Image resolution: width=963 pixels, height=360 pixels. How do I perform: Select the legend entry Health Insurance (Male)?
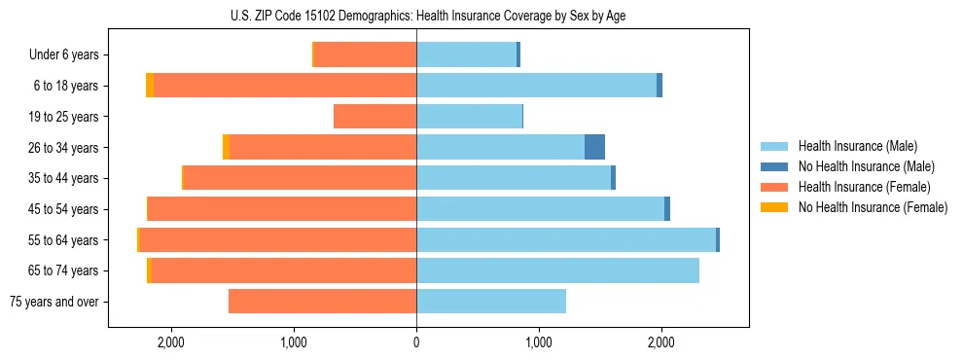click(857, 146)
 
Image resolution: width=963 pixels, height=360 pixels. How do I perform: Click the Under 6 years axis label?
click(64, 54)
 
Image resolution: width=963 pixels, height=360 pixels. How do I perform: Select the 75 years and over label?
click(53, 302)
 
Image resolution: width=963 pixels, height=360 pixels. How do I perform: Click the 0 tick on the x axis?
click(416, 342)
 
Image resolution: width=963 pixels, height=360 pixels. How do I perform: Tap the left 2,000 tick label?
click(171, 342)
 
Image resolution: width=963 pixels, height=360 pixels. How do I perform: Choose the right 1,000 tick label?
click(538, 342)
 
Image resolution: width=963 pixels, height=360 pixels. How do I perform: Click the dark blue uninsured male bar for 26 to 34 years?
click(594, 147)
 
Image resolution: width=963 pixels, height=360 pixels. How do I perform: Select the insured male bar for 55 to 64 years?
click(565, 239)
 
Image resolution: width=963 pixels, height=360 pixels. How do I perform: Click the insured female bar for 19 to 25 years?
click(374, 117)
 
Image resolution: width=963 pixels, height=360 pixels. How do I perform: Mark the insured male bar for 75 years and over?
click(490, 302)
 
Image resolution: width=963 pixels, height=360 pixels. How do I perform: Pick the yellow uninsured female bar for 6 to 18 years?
click(150, 86)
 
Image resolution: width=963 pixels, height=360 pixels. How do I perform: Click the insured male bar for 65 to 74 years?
click(557, 270)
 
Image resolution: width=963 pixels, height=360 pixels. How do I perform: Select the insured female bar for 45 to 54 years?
click(282, 209)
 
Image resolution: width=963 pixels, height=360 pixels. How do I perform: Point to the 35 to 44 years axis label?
click(65, 178)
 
